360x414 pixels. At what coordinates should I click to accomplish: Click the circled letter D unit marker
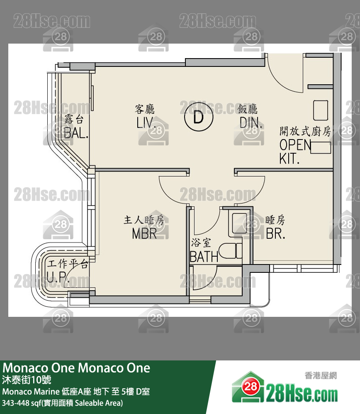(198, 118)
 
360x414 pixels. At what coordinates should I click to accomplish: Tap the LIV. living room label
(146, 122)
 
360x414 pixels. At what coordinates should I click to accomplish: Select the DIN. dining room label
(251, 122)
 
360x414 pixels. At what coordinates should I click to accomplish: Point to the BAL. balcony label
(76, 132)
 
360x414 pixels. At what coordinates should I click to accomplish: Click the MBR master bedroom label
(144, 234)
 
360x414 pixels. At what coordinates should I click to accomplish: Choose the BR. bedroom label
(275, 234)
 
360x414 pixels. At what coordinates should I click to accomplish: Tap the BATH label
(204, 257)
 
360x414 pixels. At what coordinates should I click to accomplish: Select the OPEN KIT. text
(295, 151)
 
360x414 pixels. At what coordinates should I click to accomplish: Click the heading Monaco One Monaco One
(76, 368)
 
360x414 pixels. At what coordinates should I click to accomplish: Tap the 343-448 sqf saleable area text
(62, 403)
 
